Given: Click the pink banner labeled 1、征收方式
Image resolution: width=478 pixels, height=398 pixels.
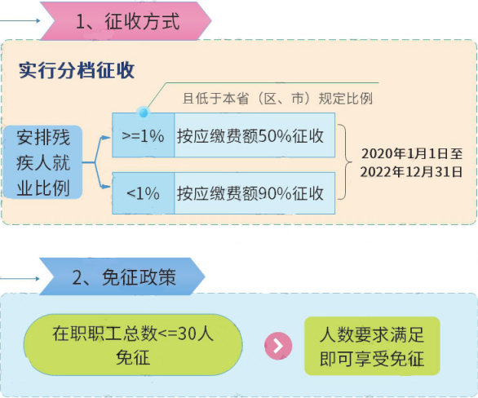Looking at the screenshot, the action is click(126, 21).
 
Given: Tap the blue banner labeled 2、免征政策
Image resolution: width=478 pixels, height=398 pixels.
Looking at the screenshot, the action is click(122, 276).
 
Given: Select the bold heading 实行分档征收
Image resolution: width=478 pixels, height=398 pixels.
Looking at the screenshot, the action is click(77, 70).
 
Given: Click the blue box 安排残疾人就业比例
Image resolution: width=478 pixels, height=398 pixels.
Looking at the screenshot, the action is click(42, 162).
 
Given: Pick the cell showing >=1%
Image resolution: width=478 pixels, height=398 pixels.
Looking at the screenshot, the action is click(144, 135).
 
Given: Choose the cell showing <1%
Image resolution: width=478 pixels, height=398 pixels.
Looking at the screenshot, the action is click(144, 193).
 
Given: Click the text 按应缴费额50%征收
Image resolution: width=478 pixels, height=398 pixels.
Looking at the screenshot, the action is click(250, 135).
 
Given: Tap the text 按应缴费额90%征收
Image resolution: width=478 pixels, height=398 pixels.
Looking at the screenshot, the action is click(250, 193).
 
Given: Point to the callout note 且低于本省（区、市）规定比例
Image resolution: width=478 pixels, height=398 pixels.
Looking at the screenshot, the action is click(277, 99).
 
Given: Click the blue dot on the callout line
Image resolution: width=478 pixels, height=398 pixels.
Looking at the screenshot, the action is click(144, 113).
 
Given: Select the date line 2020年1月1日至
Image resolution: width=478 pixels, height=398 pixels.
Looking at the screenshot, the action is click(412, 153).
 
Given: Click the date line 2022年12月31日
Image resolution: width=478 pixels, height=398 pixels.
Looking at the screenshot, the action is click(412, 172).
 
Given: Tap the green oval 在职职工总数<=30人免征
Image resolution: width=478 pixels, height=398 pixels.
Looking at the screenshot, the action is click(133, 345).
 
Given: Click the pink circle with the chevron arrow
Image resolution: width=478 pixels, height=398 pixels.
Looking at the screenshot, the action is click(278, 346).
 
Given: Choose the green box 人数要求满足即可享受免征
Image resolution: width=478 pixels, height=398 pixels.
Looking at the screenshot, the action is click(372, 346).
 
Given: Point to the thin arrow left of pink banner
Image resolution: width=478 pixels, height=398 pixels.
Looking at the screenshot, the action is click(20, 20).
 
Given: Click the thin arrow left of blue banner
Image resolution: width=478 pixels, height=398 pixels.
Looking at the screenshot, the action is click(20, 278).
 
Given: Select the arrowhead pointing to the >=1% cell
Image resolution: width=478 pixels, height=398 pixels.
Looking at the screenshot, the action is click(106, 138).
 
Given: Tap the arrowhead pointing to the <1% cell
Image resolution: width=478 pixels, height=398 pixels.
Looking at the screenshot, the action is click(106, 187).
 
